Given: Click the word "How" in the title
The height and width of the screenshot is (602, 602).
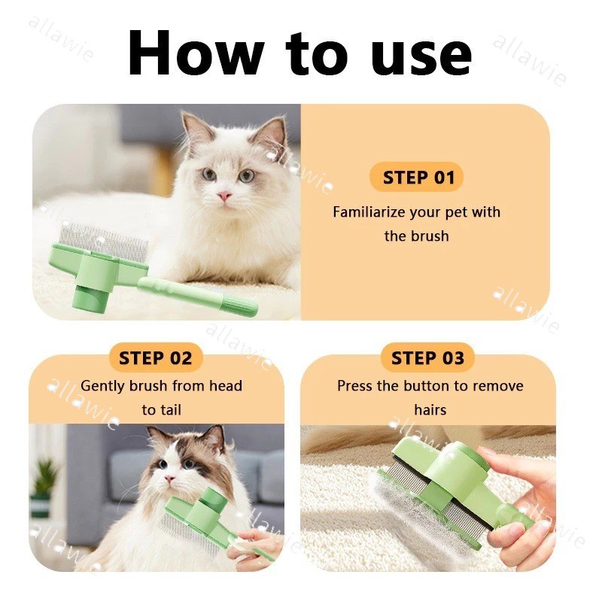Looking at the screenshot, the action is pos(196,53).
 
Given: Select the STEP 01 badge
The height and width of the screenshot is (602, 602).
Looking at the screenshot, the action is pos(417,178).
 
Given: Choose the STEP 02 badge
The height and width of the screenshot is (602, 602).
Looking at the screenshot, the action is pos(156,358).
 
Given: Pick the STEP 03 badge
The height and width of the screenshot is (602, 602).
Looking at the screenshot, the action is pos(427,358).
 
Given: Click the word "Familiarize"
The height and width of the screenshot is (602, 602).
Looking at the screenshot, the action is pos(369,212).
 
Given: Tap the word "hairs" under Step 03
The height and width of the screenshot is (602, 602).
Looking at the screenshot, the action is pos(430,409).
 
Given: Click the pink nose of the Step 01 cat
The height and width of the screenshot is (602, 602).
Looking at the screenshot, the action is pos(224,196).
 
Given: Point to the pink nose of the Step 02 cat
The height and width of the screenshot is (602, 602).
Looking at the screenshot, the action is pos(169,479).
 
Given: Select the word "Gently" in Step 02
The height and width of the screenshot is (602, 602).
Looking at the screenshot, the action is pos(103,386).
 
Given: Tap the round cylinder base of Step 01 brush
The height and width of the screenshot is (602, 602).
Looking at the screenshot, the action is pos(90,297).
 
